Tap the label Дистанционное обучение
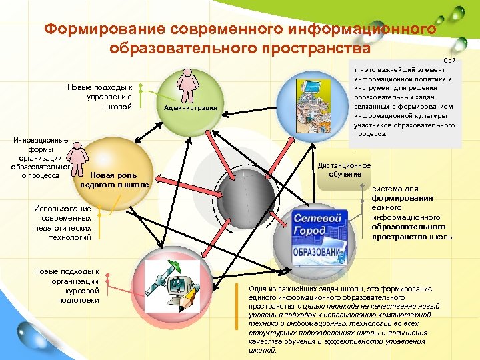(344, 169)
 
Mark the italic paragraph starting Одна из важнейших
(339, 319)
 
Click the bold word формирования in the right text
(402, 198)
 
